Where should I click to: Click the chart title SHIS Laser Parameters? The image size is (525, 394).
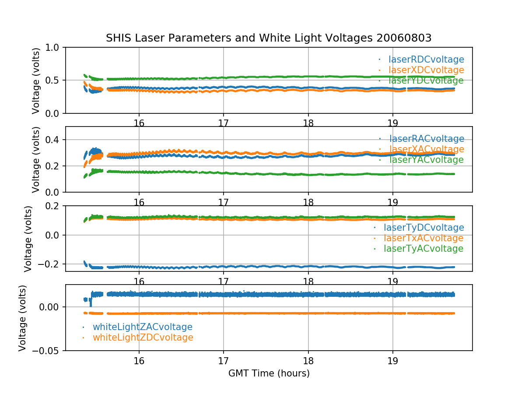coord(269,38)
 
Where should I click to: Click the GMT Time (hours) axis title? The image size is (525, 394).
coord(269,373)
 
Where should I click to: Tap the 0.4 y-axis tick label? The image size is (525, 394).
coord(54,140)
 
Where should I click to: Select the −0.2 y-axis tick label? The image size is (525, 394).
coord(50,264)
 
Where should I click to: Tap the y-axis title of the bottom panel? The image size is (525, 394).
coord(23,318)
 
